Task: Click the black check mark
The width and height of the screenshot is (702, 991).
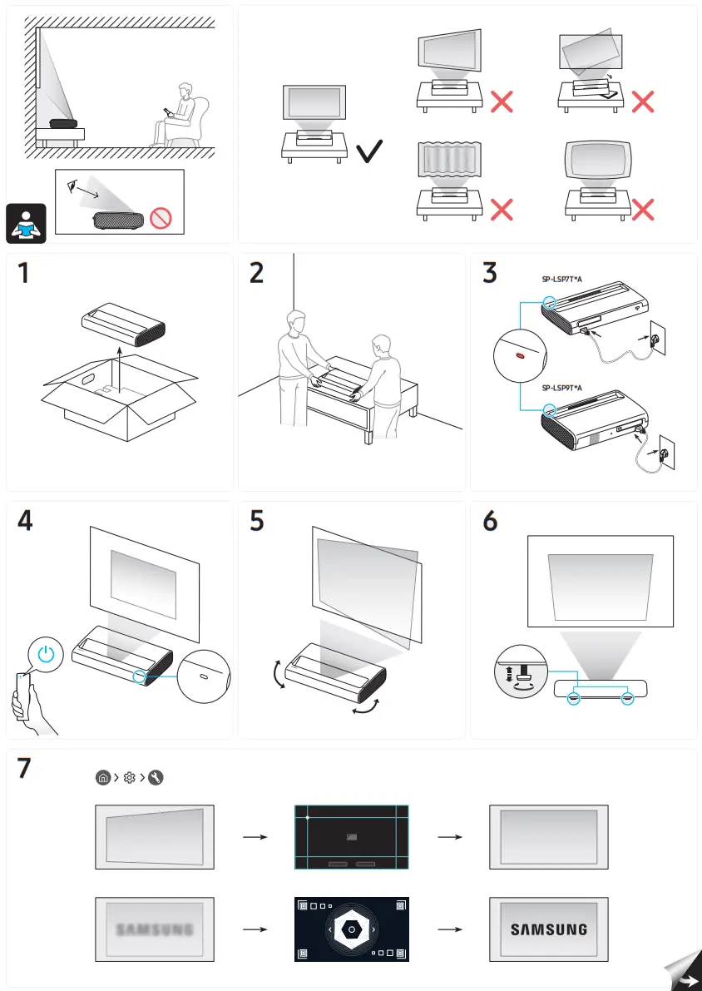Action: coord(368,151)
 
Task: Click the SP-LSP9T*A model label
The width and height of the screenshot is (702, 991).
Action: coord(561,388)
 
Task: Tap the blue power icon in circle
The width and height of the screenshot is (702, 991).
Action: coord(47,654)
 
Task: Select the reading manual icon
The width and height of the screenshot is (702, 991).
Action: coord(26,223)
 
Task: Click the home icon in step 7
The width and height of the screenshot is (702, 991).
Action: coord(101,778)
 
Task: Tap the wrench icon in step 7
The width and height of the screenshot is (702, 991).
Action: coord(156,778)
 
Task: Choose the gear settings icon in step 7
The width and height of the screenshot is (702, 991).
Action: coord(129,778)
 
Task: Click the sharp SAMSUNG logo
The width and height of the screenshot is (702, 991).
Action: coord(548,929)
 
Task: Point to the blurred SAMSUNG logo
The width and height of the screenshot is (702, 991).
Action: coord(155,929)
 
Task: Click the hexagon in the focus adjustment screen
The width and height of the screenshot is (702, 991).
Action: coord(352,929)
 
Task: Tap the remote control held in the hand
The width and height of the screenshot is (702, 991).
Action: coord(22,695)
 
